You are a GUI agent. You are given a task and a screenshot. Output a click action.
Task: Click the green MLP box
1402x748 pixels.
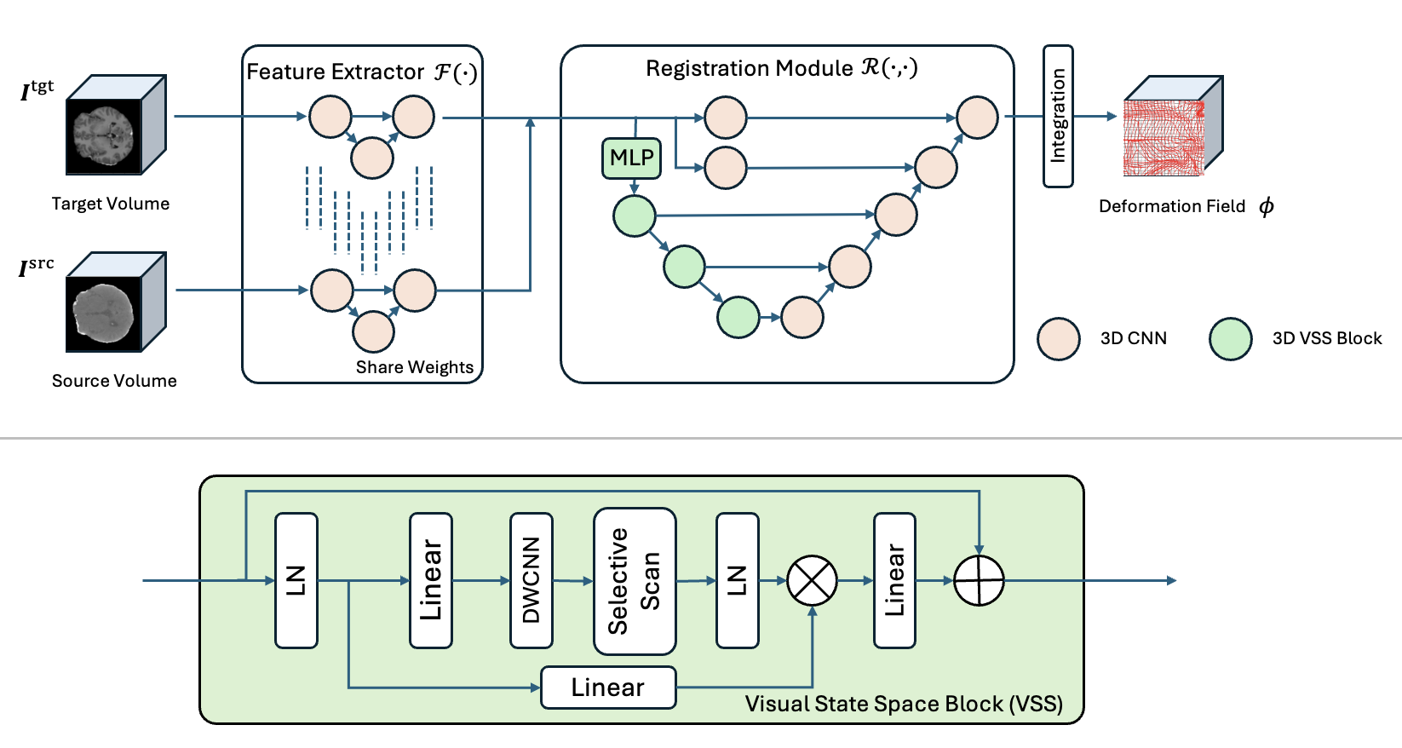[631, 158]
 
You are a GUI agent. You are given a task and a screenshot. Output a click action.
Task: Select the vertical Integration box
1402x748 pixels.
[1059, 116]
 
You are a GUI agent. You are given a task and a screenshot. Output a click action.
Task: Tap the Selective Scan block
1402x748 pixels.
[635, 581]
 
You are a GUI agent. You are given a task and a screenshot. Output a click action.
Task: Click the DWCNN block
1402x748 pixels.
[531, 580]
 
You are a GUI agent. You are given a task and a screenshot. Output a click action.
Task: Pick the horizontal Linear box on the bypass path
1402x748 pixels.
[608, 688]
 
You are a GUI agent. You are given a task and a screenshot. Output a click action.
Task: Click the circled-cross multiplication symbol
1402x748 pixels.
[812, 581]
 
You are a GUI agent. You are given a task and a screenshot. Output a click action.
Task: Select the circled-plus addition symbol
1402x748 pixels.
[979, 581]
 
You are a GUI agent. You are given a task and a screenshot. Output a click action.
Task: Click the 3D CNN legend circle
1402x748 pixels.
[1059, 338]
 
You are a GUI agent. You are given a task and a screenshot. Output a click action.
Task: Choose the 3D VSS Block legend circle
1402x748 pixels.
[1231, 338]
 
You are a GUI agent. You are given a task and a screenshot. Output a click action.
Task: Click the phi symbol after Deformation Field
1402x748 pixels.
[1267, 206]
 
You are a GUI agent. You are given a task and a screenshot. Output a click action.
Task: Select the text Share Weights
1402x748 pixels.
[414, 367]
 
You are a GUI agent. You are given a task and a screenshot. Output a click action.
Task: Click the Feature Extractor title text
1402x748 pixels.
[362, 72]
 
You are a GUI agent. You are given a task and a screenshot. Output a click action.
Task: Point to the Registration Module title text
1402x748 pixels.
[782, 68]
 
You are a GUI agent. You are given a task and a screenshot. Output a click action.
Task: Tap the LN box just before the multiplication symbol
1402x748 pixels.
[738, 580]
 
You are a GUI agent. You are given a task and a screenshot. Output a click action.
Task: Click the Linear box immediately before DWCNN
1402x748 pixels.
[431, 580]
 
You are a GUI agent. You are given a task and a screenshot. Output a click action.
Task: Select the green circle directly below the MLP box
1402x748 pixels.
[634, 216]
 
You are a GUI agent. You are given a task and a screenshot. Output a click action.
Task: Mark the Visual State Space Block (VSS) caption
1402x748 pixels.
[904, 704]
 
